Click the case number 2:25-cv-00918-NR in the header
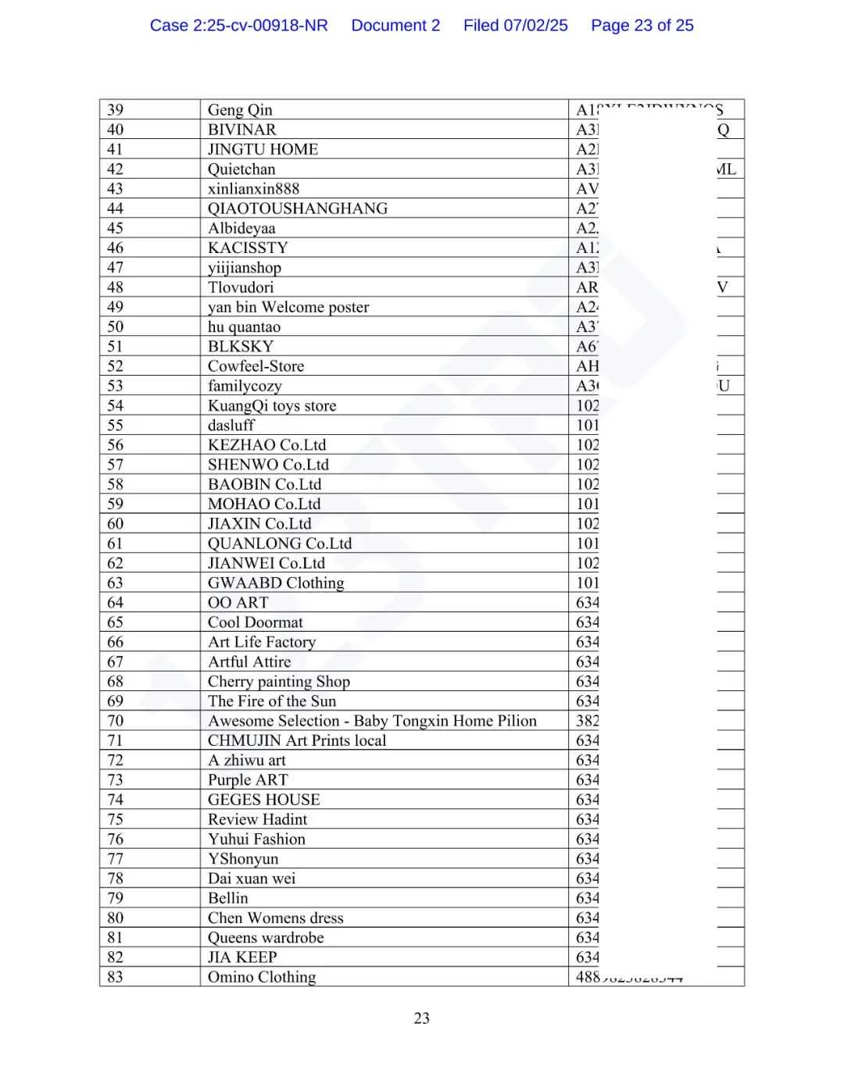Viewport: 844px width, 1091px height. click(238, 26)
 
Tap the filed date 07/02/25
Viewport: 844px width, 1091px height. click(515, 26)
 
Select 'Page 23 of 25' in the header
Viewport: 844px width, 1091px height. click(642, 26)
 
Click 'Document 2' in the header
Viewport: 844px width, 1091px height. click(395, 26)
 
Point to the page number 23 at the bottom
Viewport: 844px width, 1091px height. click(422, 1018)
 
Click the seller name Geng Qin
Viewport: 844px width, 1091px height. click(240, 110)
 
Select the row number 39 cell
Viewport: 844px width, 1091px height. click(116, 110)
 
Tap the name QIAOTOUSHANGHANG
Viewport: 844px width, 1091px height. click(298, 209)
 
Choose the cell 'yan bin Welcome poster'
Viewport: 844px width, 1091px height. click(288, 307)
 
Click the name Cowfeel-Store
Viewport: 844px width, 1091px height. click(256, 366)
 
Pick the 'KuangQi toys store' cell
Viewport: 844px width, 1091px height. click(272, 405)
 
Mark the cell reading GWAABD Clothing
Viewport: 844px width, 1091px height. click(276, 583)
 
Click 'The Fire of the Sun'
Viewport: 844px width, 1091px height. click(272, 701)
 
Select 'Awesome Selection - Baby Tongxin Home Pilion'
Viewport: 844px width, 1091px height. click(372, 721)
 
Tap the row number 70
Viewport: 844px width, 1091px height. click(116, 721)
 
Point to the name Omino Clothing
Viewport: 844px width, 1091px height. click(262, 977)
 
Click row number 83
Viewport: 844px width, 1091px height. click(116, 977)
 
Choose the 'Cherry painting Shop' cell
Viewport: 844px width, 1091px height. click(279, 681)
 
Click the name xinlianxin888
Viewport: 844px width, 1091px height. click(253, 189)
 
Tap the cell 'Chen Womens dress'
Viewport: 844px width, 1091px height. click(276, 918)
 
